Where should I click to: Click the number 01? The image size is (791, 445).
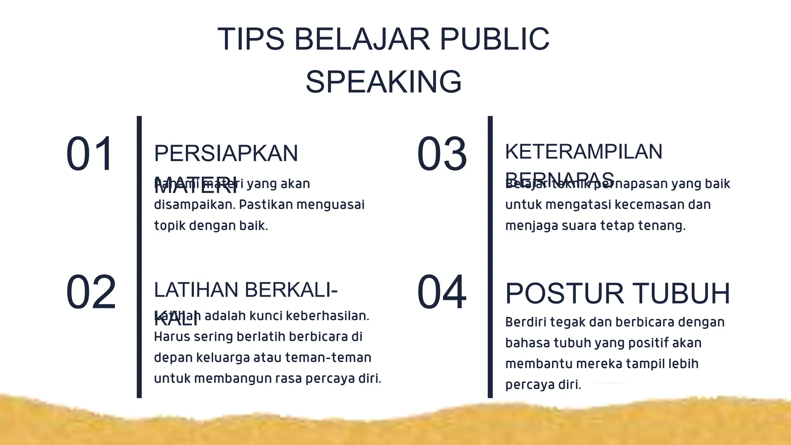90,154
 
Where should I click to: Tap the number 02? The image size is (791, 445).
91,292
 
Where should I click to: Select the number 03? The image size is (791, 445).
442,154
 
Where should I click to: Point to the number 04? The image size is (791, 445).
441,292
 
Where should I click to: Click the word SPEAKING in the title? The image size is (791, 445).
384,82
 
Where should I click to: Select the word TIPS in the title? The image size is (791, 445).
251,39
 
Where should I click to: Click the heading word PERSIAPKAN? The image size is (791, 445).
226,153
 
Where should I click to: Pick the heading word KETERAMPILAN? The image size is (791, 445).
584,151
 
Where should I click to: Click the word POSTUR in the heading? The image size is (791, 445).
564,294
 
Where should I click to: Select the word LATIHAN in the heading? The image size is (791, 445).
196,290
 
